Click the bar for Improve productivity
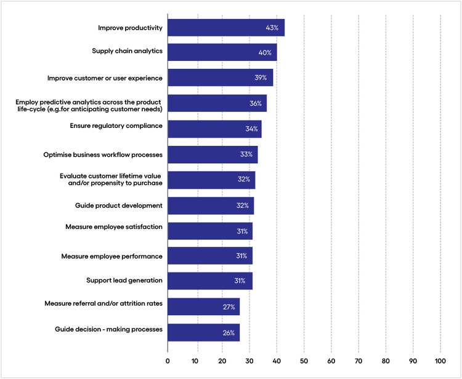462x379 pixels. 225,28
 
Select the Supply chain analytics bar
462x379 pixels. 222,53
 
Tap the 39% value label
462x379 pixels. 261,78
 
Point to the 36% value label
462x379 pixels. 256,103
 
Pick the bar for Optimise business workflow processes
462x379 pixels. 212,154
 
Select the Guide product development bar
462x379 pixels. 210,205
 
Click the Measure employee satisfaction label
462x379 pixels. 114,227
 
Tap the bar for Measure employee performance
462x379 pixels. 209,256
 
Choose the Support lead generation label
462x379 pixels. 124,281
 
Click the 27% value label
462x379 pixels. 229,306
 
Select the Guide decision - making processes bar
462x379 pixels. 203,332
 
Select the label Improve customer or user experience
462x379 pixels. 105,78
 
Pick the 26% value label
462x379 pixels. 229,332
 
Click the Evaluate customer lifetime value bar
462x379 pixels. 211,180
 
